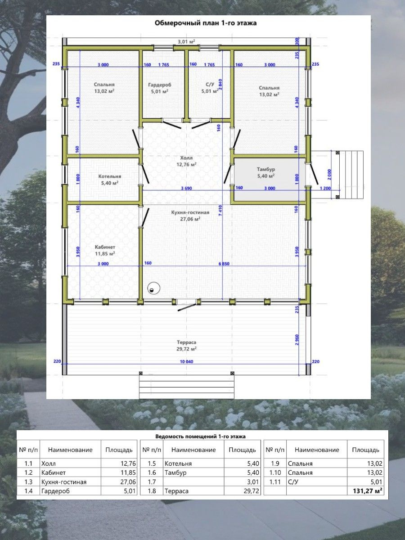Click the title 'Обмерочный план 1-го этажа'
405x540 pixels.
[x=206, y=23]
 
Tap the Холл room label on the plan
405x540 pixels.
[x=186, y=157]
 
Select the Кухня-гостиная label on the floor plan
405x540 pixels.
[x=190, y=212]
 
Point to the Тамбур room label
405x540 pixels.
[x=266, y=169]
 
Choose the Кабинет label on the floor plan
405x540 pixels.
[x=105, y=247]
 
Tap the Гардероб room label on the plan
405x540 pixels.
[x=160, y=85]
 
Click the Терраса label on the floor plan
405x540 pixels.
[x=186, y=342]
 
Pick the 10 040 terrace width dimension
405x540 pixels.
[x=186, y=362]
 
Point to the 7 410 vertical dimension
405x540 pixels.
[x=220, y=211]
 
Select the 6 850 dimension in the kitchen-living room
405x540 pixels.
[x=224, y=264]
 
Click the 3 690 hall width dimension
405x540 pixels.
[x=186, y=189]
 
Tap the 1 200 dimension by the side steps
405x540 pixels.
[x=325, y=189]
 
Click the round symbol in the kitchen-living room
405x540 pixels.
[x=154, y=288]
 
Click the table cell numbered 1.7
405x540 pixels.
[x=152, y=482]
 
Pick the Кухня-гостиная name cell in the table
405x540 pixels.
[x=64, y=482]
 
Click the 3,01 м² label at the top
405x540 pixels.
[x=186, y=41]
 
